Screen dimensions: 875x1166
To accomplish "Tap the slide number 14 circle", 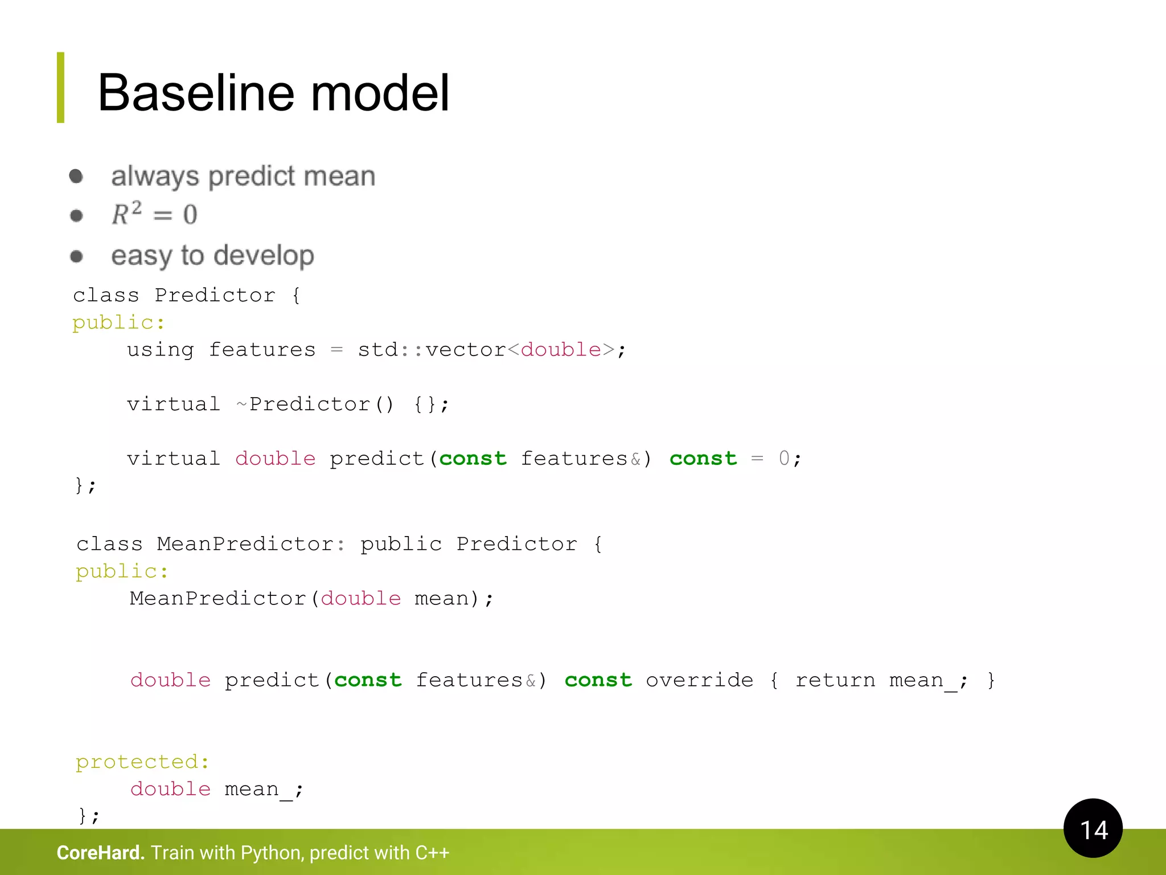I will [1093, 828].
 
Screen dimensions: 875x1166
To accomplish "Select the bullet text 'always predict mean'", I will [243, 177].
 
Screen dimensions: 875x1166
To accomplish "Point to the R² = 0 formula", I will [154, 215].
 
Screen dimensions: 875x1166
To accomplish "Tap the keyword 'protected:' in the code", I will [142, 762].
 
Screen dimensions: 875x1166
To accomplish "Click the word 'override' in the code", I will [699, 680].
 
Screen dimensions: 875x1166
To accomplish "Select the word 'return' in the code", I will [835, 680].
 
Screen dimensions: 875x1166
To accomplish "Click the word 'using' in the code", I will [161, 350].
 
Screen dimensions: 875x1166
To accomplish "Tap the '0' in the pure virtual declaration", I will [784, 459].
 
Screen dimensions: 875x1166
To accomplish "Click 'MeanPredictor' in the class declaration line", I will [245, 544].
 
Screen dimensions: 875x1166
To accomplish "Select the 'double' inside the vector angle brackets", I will [561, 350].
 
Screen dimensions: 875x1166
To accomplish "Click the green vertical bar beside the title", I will [60, 88].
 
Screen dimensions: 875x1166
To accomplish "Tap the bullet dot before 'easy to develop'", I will [76, 256].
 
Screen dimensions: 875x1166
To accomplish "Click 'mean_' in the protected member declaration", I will [258, 790].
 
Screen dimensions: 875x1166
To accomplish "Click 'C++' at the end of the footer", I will [432, 853].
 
